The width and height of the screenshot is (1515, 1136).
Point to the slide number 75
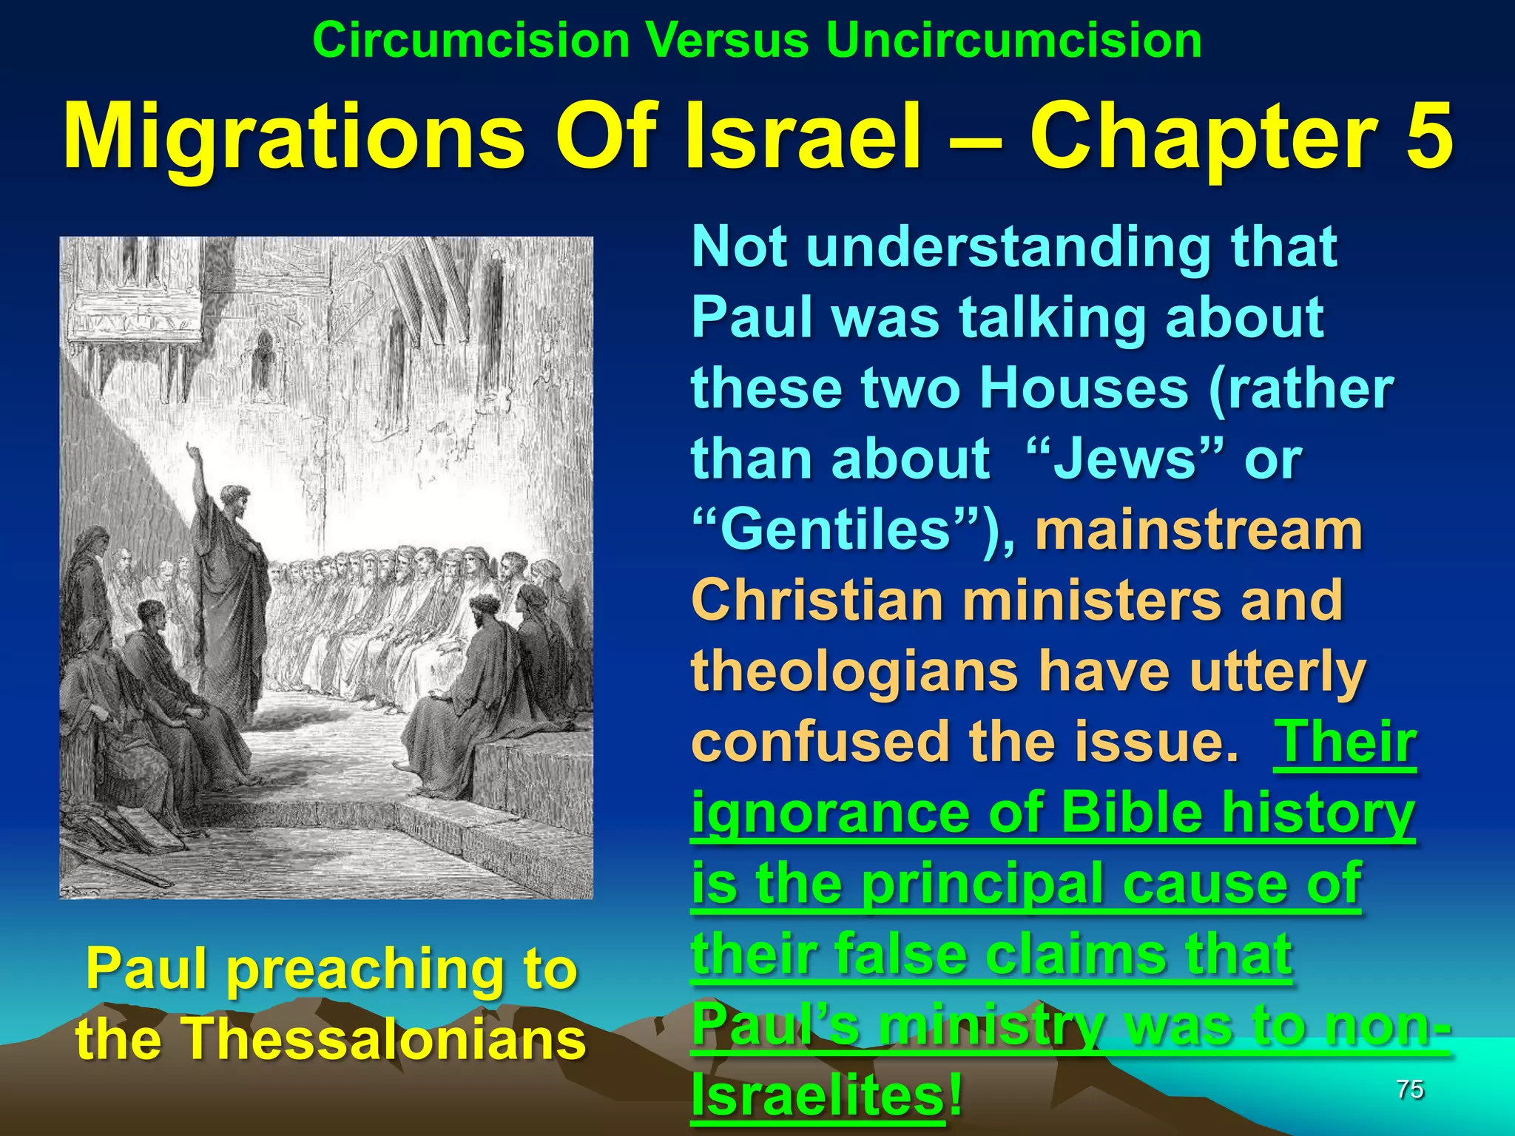[x=1410, y=1089]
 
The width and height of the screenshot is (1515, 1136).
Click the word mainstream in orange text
[x=1198, y=531]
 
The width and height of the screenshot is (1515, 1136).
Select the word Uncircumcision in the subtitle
[x=1013, y=40]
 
